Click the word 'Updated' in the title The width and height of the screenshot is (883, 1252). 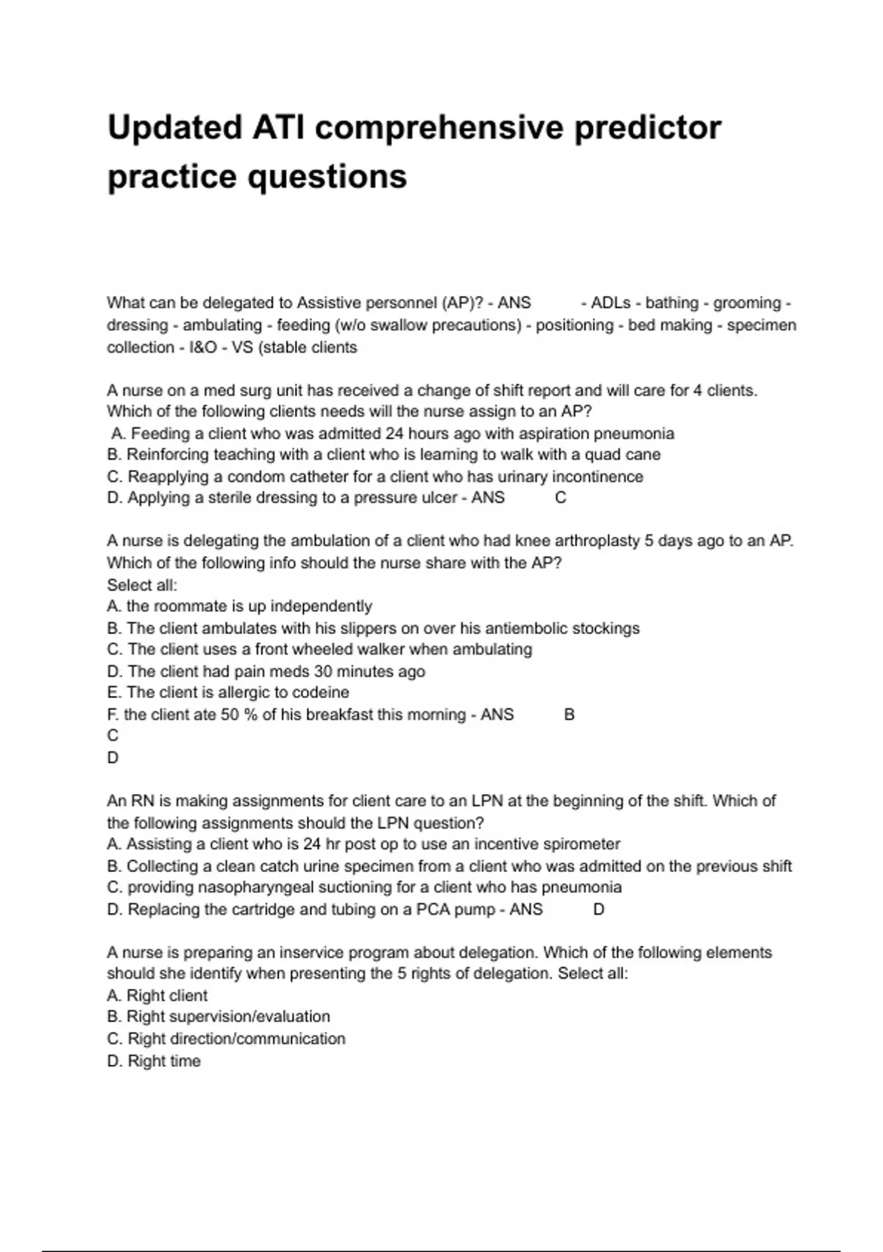click(x=174, y=127)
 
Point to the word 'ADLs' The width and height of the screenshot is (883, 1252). click(x=611, y=303)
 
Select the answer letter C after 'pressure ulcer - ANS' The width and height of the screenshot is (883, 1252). click(x=561, y=498)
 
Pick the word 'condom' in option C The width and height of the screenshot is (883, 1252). click(x=255, y=476)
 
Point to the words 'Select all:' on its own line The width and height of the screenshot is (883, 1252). click(x=142, y=585)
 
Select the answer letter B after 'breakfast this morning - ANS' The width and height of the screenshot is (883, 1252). click(x=569, y=714)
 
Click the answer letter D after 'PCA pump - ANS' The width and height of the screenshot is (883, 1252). click(x=598, y=910)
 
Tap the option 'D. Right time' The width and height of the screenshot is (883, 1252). click(x=154, y=1061)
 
